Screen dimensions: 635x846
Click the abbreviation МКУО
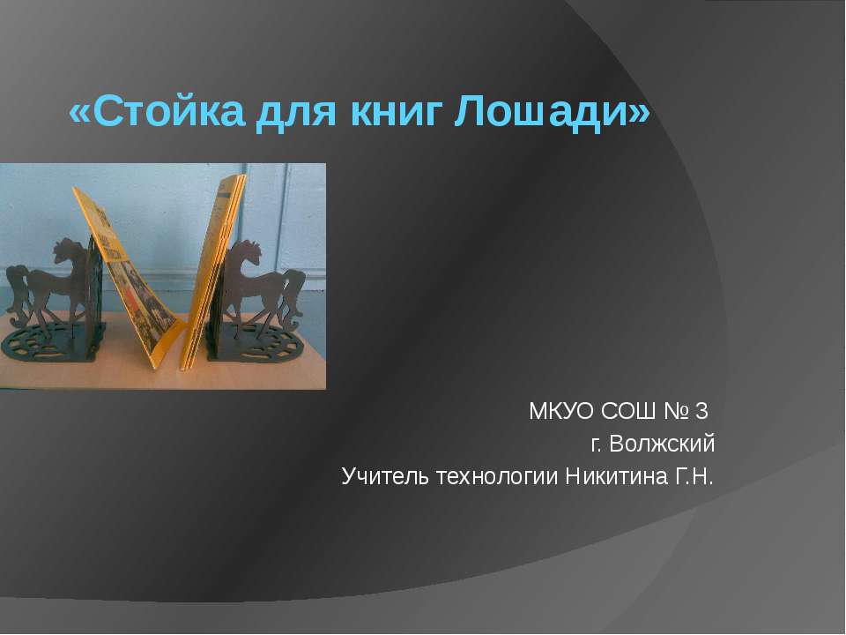point(560,411)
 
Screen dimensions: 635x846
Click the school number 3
point(702,411)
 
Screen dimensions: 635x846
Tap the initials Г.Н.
point(694,477)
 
